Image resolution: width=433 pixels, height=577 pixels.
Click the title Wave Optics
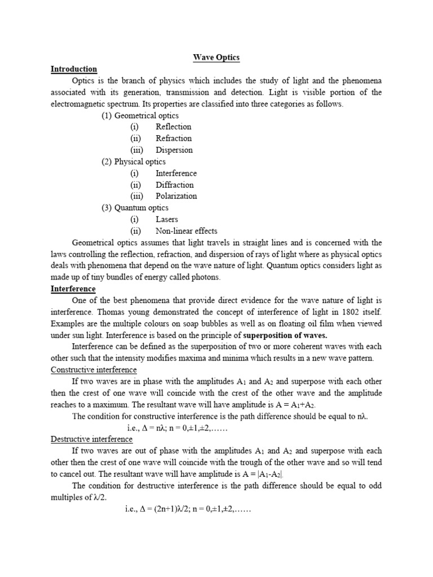[x=216, y=57]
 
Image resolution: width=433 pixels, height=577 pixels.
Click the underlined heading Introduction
[x=74, y=69]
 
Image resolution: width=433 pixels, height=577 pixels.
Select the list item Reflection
[x=173, y=127]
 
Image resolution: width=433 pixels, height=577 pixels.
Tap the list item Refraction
[x=174, y=138]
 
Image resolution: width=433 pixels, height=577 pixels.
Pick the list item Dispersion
[x=174, y=150]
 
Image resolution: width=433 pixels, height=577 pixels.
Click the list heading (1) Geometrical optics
[x=140, y=116]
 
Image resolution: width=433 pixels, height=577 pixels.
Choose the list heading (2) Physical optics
[x=133, y=162]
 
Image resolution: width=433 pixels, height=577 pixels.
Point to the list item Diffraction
[x=174, y=185]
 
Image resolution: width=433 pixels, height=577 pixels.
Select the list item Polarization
[x=176, y=196]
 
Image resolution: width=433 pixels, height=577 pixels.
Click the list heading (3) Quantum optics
[x=135, y=208]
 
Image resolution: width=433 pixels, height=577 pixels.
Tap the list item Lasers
[x=167, y=219]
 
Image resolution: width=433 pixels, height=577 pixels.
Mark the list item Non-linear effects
[x=186, y=231]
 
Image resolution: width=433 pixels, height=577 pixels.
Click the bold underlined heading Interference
[x=73, y=289]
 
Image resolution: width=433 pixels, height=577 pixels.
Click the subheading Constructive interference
[x=94, y=370]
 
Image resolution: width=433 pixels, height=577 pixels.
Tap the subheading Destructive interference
[x=91, y=440]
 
